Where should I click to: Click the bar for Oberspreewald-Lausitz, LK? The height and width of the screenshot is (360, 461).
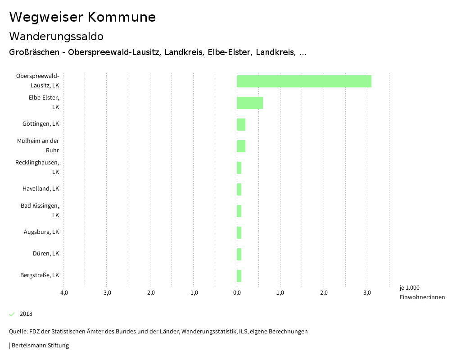[x=304, y=81]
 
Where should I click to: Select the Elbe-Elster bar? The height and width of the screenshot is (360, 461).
[x=250, y=103]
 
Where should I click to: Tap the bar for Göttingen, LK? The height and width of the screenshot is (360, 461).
[x=241, y=124]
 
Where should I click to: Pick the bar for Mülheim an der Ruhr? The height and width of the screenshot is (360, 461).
[x=241, y=146]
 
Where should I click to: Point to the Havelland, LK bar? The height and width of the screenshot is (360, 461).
[x=239, y=189]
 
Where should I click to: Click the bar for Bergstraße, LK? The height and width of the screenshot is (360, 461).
[x=239, y=276]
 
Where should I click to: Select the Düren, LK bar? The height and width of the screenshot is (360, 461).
[x=239, y=254]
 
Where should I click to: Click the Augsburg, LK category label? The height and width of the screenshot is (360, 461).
[x=41, y=232]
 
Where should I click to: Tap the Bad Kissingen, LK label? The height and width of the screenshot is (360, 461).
[x=40, y=210]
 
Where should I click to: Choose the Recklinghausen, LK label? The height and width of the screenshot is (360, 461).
[x=37, y=167]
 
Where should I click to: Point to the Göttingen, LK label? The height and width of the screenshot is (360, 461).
[x=41, y=124]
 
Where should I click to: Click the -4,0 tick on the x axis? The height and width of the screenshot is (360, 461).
[x=63, y=293]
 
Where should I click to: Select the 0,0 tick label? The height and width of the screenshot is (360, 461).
[x=237, y=293]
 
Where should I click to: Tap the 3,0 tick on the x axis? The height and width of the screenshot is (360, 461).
[x=367, y=293]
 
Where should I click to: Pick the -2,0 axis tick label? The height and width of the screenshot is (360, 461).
[x=150, y=293]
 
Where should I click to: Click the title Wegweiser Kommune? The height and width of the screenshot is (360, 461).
[x=82, y=17]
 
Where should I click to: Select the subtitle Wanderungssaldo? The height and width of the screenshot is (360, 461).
[x=56, y=36]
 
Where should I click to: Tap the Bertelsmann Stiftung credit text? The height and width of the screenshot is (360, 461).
[x=39, y=346]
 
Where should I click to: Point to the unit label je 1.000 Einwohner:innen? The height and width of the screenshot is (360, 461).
[x=422, y=292]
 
